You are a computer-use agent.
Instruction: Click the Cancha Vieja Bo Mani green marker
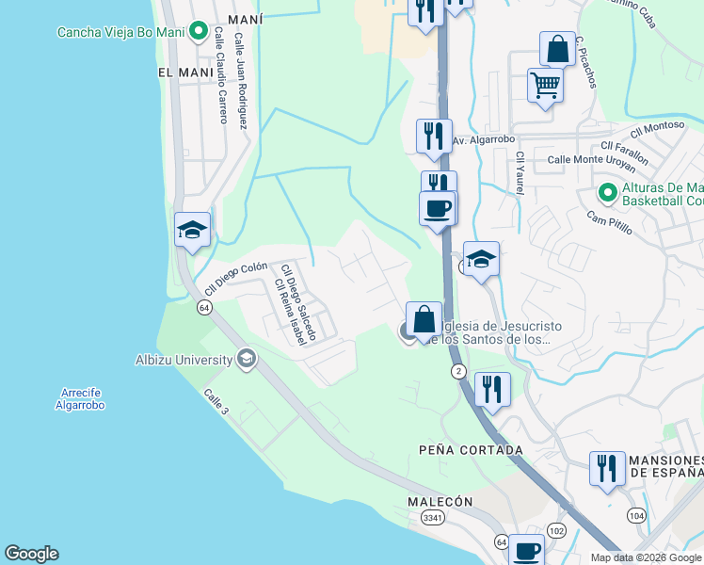[198, 32]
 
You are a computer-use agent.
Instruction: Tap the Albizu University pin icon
[247, 358]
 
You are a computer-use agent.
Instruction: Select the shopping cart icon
[545, 86]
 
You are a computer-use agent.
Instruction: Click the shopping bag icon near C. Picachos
[557, 48]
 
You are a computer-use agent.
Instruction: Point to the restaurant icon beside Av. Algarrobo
[434, 136]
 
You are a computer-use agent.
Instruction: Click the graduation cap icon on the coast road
[192, 230]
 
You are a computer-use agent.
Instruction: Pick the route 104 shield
[636, 515]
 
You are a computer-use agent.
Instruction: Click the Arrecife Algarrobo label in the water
[79, 398]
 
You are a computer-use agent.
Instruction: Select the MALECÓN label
[440, 502]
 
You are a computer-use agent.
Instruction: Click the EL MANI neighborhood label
[179, 72]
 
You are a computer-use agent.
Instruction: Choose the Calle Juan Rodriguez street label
[241, 82]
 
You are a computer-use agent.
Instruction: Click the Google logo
[31, 554]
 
